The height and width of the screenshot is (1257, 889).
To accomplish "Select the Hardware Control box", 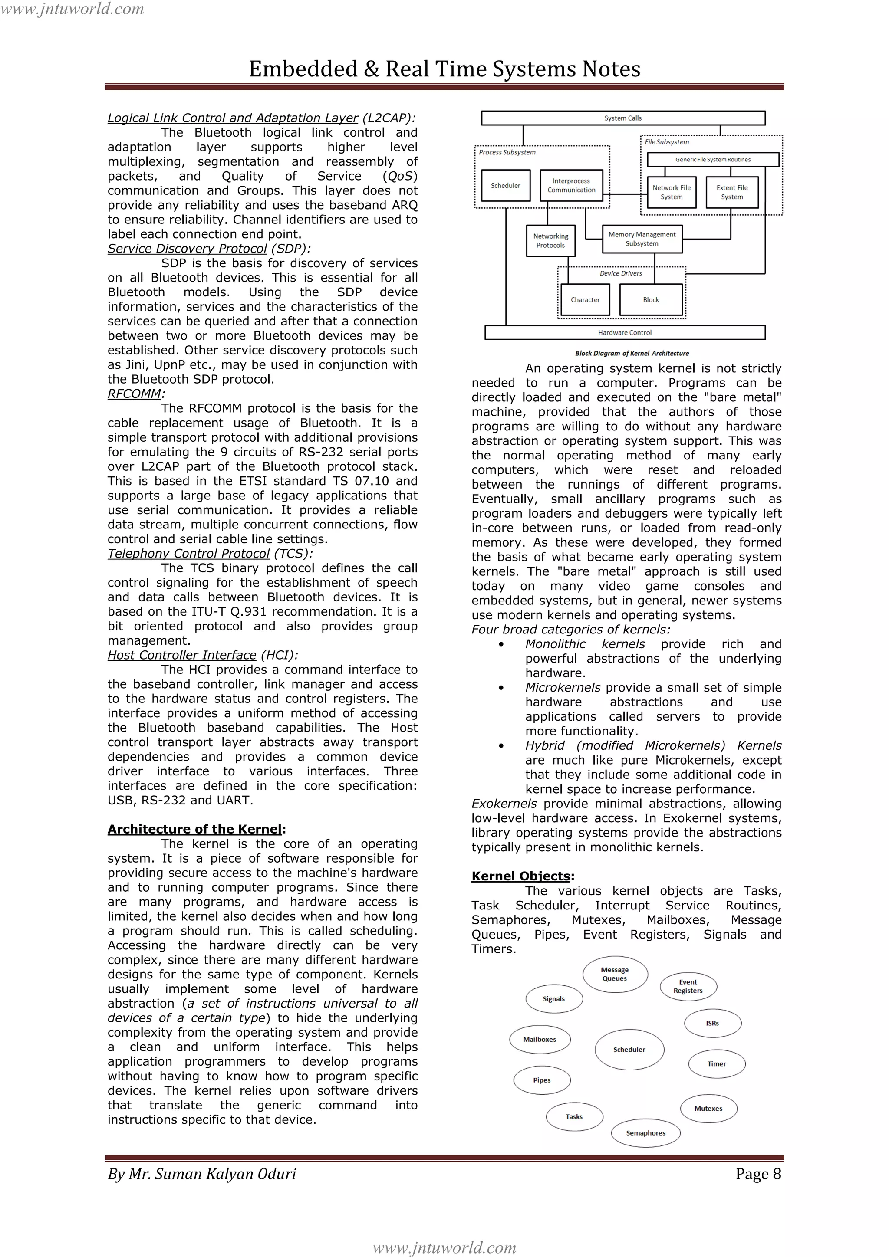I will coord(625,332).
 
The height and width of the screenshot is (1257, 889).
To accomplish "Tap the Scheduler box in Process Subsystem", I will coord(505,186).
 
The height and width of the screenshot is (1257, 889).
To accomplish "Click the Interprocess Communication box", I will coord(571,186).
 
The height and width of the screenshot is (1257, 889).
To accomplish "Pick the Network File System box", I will coord(671,192).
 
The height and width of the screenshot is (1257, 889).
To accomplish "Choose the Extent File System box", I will coord(732,192).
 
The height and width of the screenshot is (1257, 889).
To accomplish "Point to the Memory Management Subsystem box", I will coord(642,239).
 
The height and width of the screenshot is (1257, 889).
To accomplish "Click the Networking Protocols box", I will coord(550,241).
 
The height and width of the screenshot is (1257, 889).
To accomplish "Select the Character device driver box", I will coord(585,300).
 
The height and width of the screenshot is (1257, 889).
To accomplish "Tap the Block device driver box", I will coord(651,300).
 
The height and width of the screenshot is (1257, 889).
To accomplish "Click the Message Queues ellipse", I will coord(615,974).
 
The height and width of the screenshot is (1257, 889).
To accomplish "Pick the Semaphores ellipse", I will coord(645,1133).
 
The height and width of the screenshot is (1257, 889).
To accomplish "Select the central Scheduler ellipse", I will coord(629,1050).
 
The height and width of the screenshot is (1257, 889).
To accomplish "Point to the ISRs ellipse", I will coord(712,1023).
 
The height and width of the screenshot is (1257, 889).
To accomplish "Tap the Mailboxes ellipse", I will coord(540,1040).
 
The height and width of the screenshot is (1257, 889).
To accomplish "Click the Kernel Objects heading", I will coord(522,876).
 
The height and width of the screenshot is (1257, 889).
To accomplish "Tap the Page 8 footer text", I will coord(758,1174).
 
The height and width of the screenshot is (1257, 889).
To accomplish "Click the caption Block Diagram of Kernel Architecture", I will coord(632,354).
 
